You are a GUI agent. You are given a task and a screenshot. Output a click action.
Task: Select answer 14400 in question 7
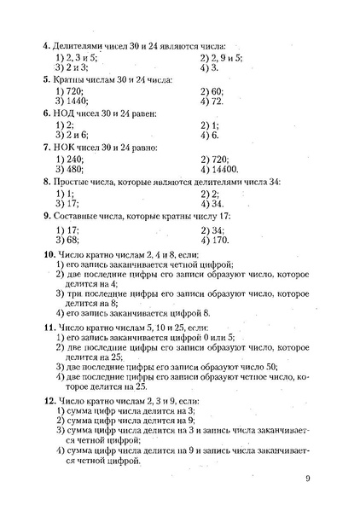point(218,170)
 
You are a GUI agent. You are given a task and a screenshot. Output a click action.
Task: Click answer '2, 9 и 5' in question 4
point(224,56)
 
